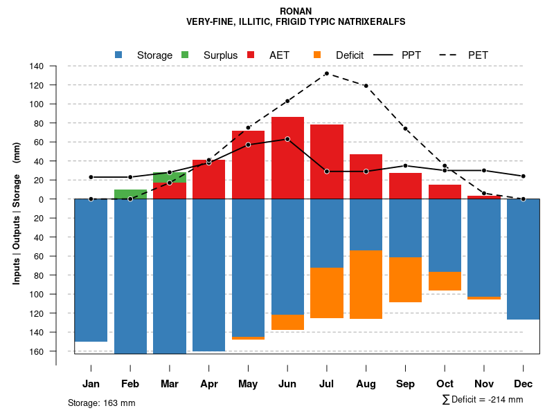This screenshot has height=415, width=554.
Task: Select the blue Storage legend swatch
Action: click(118, 55)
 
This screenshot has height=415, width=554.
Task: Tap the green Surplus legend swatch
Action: click(185, 55)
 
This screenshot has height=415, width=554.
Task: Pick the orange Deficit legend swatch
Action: click(317, 55)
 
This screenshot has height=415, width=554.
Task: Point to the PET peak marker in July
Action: click(326, 73)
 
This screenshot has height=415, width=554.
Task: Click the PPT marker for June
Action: click(287, 139)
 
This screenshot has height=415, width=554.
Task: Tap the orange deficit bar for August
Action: click(366, 284)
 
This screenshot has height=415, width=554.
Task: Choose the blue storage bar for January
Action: click(91, 270)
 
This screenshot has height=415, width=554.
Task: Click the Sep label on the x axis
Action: click(405, 384)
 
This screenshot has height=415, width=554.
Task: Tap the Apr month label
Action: click(209, 384)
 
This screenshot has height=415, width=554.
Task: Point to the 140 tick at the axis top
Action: click(37, 66)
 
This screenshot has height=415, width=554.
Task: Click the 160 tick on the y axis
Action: click(37, 351)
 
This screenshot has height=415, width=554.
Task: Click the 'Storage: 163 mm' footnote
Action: click(101, 403)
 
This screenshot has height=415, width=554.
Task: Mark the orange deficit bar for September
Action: click(405, 279)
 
